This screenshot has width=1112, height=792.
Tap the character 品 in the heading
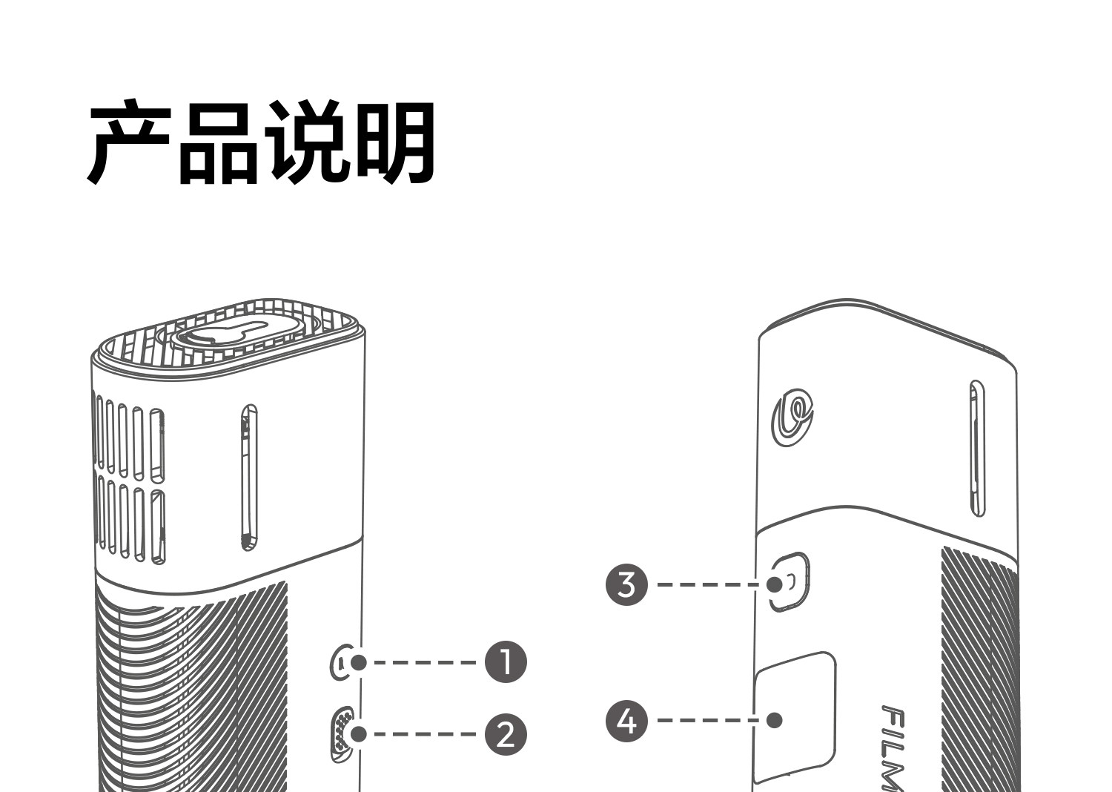(x=219, y=143)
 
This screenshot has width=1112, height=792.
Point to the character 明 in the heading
(x=394, y=143)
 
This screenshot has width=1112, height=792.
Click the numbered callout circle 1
(x=506, y=662)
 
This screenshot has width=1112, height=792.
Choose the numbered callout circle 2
(x=506, y=734)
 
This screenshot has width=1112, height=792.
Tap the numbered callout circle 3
(x=626, y=584)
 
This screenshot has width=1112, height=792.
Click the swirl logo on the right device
(x=792, y=417)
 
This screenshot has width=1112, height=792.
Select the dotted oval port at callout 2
(x=342, y=734)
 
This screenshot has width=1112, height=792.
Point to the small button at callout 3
(x=790, y=581)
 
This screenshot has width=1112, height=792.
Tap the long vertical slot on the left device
(x=249, y=477)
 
